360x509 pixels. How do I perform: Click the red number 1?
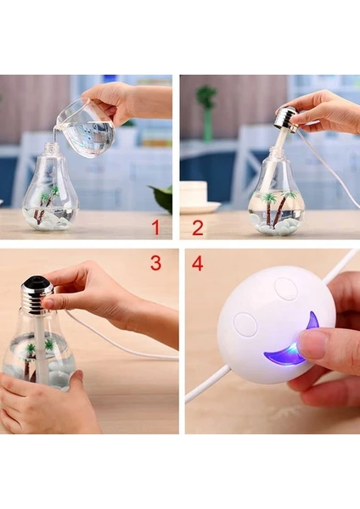pyautogui.click(x=156, y=227)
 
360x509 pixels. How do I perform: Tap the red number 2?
pyautogui.click(x=198, y=227)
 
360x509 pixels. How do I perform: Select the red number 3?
pyautogui.click(x=155, y=263)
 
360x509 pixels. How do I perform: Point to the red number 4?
pyautogui.click(x=197, y=263)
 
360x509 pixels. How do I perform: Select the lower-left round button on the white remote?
pyautogui.click(x=245, y=324)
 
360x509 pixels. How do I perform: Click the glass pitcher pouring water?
pyautogui.click(x=85, y=128)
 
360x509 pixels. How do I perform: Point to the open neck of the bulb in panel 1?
pyautogui.click(x=50, y=146)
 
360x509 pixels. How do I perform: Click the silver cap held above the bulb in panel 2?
pyautogui.click(x=287, y=119)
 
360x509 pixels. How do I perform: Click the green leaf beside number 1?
pyautogui.click(x=162, y=197)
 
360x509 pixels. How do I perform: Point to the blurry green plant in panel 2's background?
pyautogui.click(x=206, y=112)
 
